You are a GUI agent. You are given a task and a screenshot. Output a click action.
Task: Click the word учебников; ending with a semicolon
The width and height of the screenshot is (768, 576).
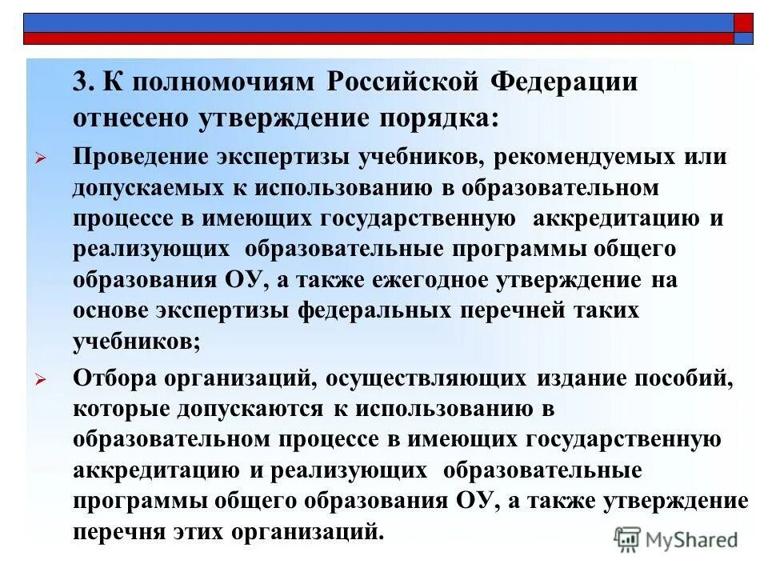(x=137, y=341)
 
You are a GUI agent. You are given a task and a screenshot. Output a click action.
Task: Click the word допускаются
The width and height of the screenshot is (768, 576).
(x=250, y=409)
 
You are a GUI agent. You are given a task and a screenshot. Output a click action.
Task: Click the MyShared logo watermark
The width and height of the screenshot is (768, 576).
(x=676, y=541)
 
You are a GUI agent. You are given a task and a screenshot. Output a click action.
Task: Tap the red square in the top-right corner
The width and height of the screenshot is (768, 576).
(x=743, y=22)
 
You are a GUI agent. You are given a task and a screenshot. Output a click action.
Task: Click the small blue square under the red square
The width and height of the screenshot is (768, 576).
(x=743, y=38)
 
